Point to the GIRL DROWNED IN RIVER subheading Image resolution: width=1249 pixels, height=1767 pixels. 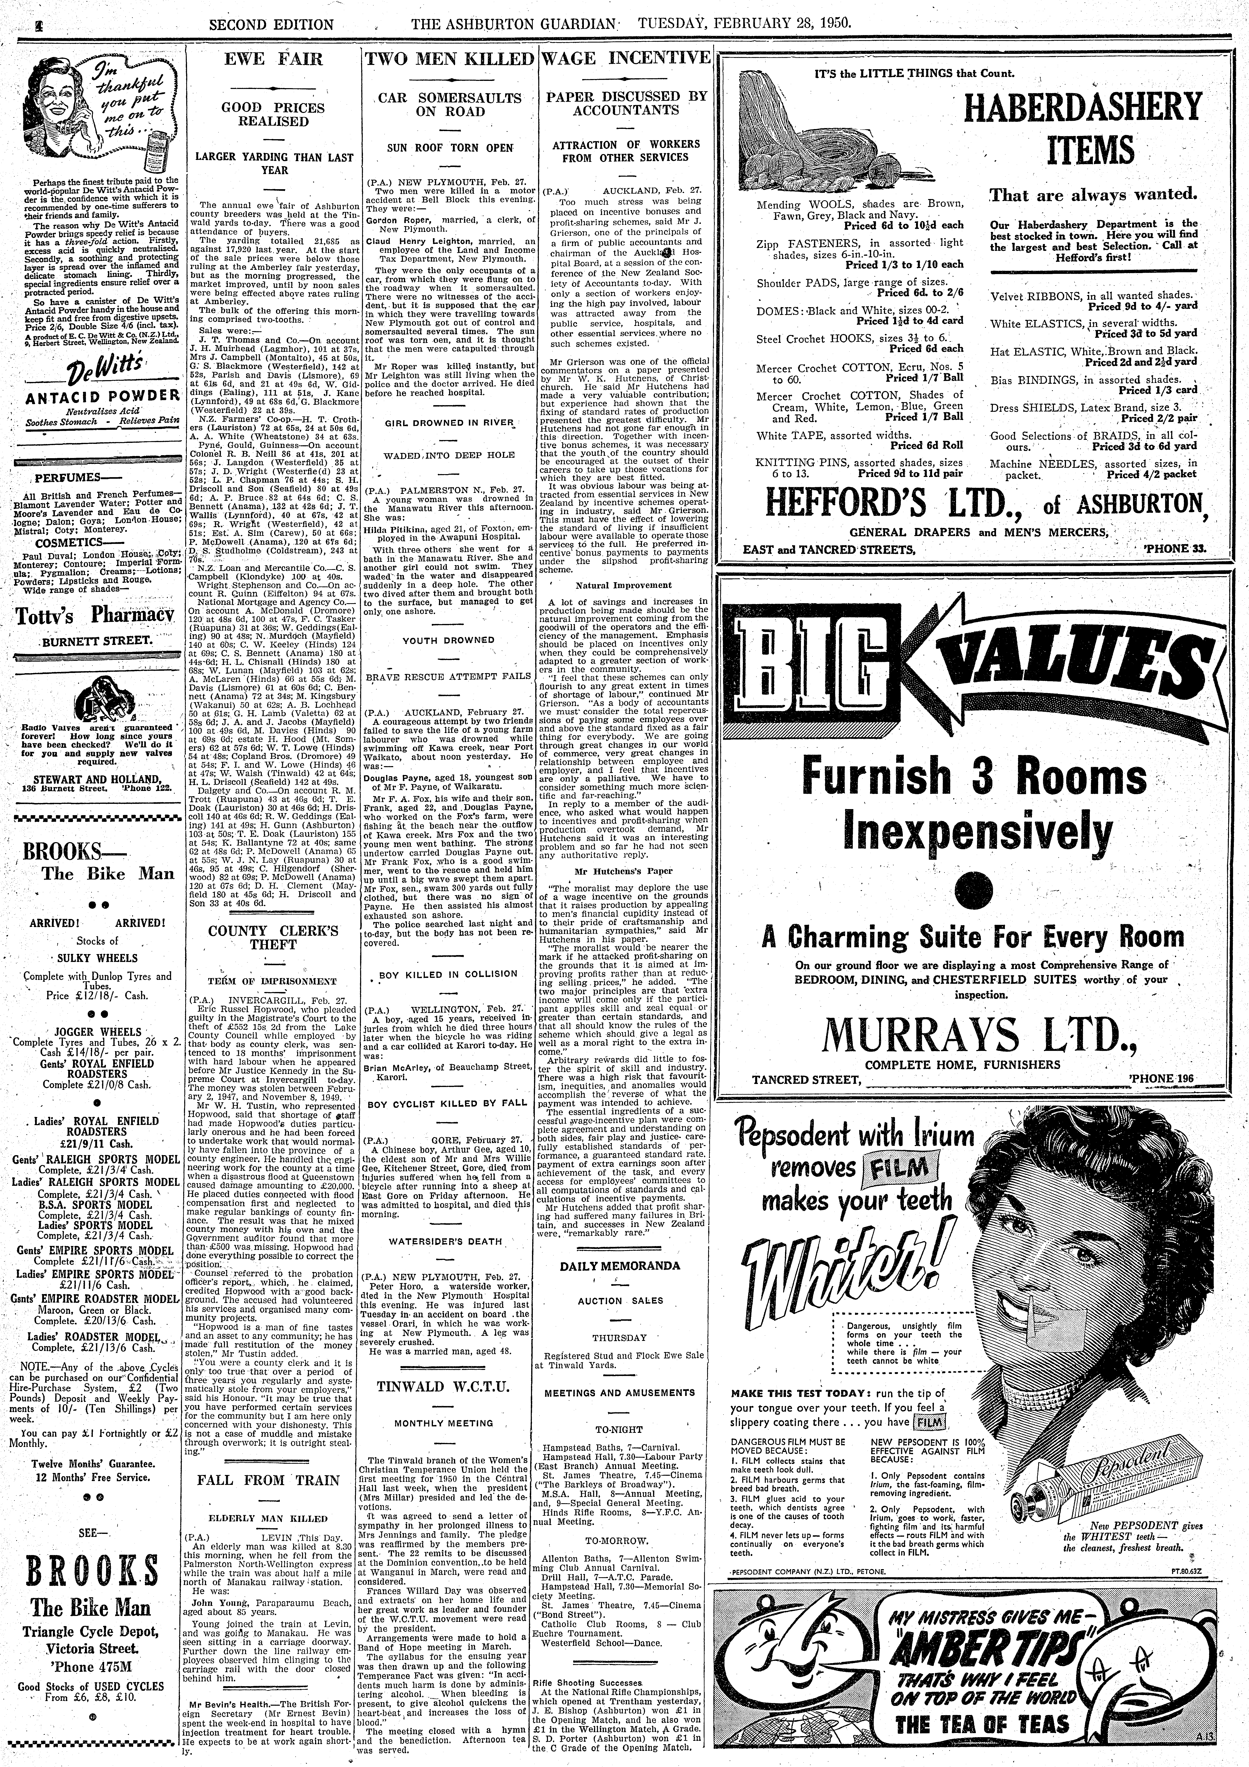(450, 422)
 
